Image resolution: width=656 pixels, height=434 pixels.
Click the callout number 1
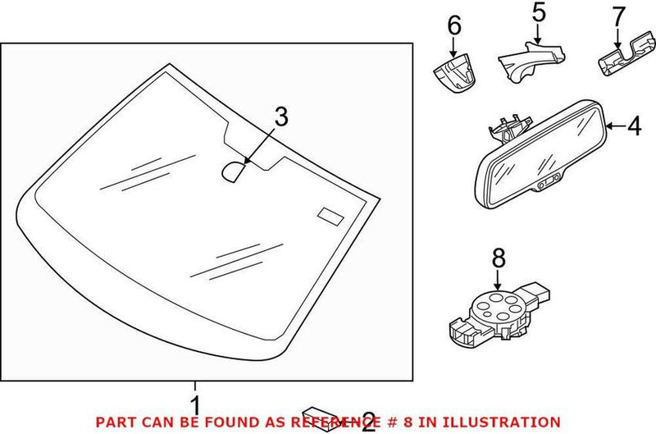(195, 404)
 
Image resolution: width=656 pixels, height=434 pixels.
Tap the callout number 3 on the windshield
(281, 118)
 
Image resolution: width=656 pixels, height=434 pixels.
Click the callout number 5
(537, 14)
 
